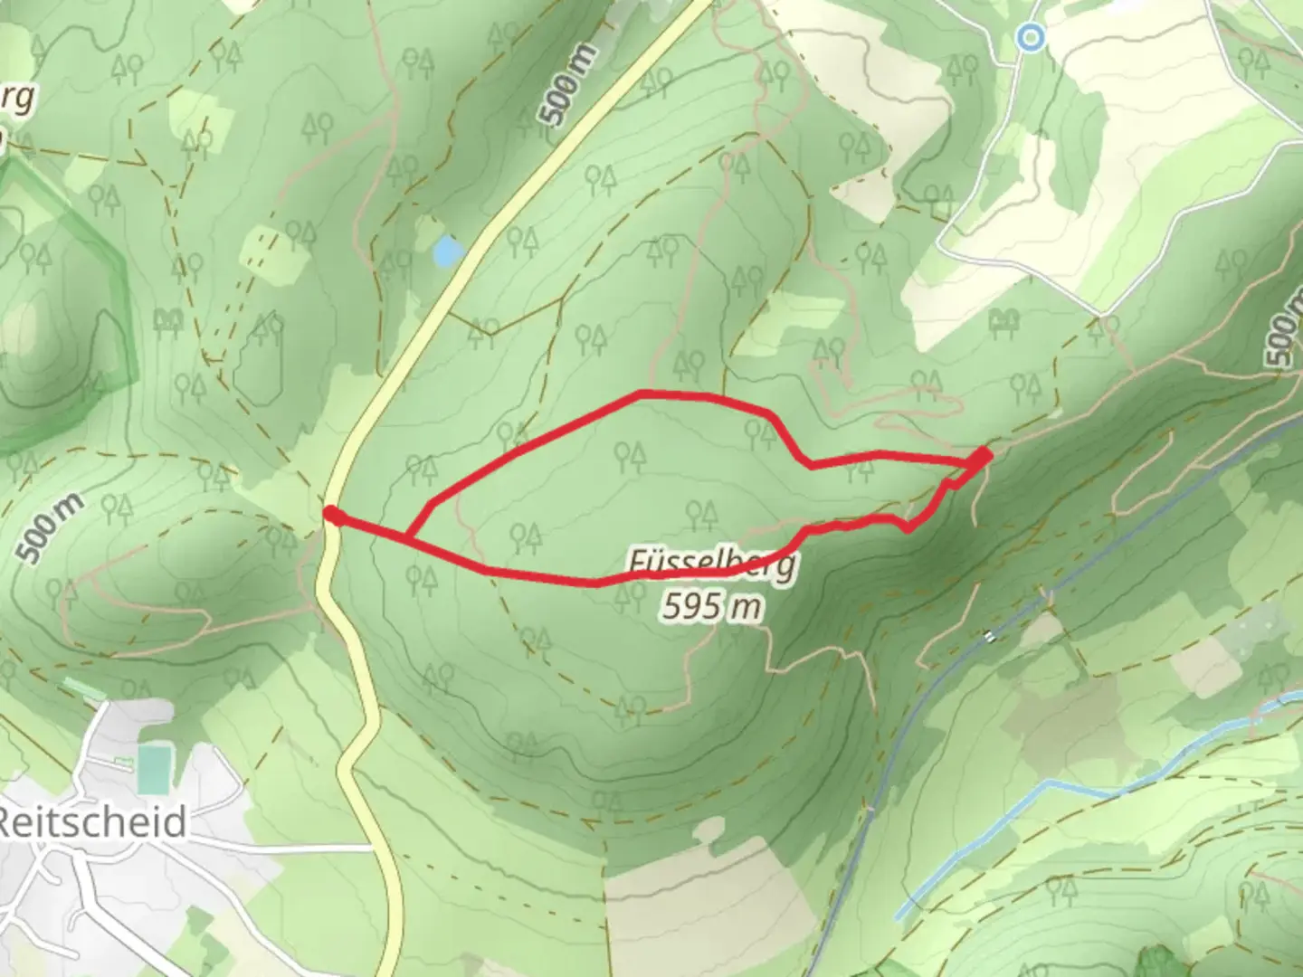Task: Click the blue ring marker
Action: (1030, 37)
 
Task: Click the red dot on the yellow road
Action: (332, 516)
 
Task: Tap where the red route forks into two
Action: (410, 538)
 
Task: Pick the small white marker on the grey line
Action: (991, 637)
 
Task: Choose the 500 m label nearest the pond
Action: (568, 84)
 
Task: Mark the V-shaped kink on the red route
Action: (908, 526)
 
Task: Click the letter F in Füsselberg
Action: (639, 563)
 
